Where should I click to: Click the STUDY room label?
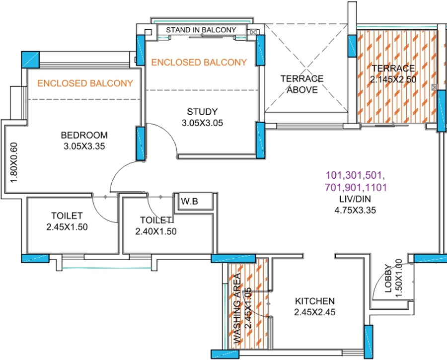[x=202, y=111]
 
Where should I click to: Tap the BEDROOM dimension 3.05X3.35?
[x=84, y=146]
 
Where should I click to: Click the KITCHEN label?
[x=314, y=301]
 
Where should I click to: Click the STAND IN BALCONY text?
[x=201, y=30]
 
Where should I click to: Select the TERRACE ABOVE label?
[x=301, y=84]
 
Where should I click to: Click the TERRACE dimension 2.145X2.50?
[x=392, y=79]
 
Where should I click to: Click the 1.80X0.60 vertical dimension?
[x=14, y=162]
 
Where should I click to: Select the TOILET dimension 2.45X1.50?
[x=67, y=227]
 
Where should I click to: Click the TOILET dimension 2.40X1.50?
[x=156, y=231]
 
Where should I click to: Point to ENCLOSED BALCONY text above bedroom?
[x=85, y=83]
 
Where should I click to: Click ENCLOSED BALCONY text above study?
[x=199, y=63]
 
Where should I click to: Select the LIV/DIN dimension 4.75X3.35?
[x=355, y=210]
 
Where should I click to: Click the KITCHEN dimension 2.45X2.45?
[x=314, y=312]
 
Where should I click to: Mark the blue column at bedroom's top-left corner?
[x=30, y=60]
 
